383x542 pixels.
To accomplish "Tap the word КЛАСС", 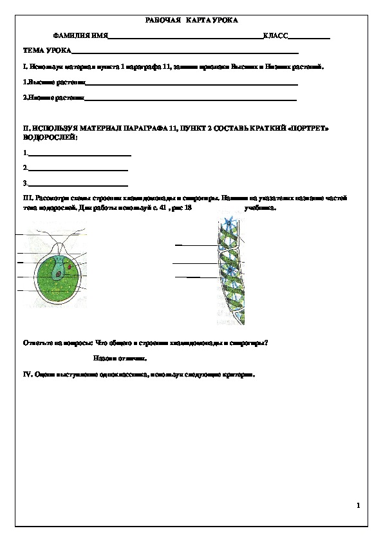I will tap(275, 37).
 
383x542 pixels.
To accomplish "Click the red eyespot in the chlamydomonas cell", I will tap(70, 265).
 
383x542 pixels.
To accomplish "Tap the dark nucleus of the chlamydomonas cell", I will tap(59, 274).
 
